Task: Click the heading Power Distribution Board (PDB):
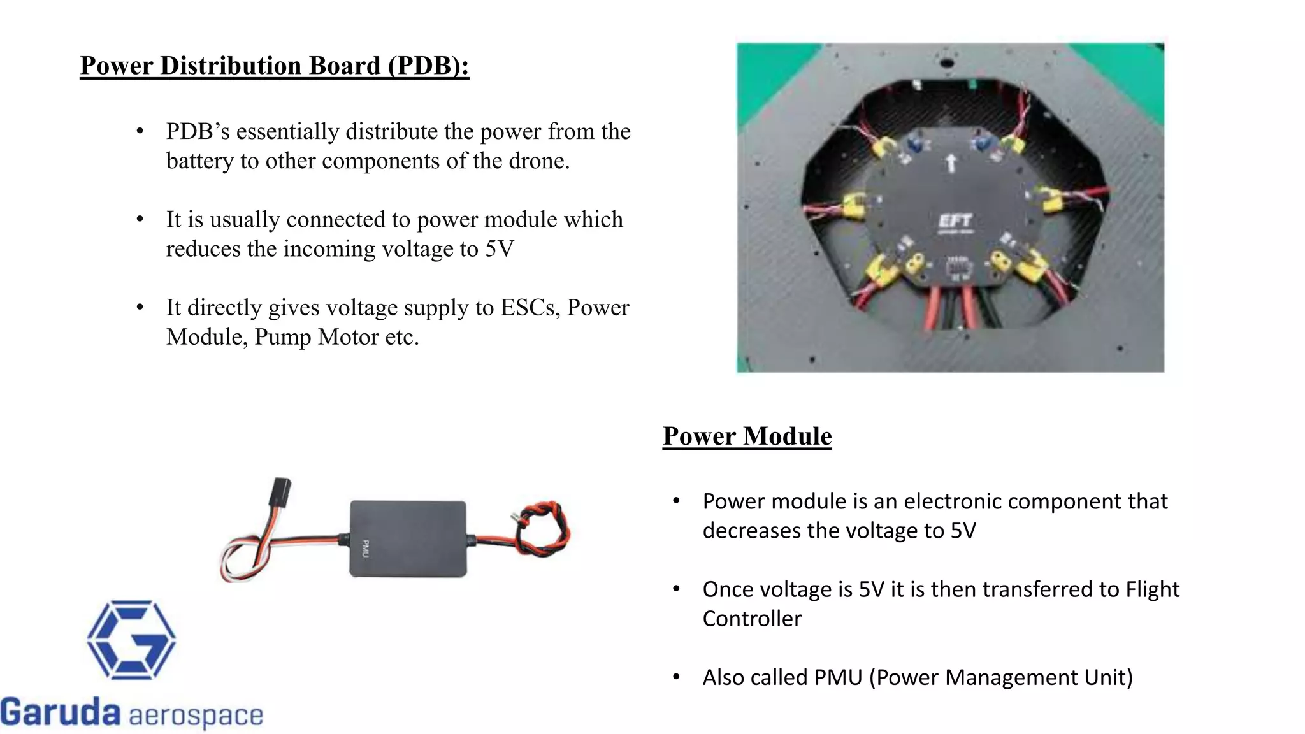tap(274, 66)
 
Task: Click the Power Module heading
tap(747, 436)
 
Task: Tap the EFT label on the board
tap(955, 221)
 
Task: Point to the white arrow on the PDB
tap(951, 162)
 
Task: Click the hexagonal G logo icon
tap(131, 640)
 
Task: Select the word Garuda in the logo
tap(60, 712)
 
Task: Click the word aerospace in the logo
tap(196, 716)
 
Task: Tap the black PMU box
tap(408, 539)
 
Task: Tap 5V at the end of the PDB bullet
tap(498, 249)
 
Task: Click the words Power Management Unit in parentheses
tap(1004, 677)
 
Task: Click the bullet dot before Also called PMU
tap(676, 677)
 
